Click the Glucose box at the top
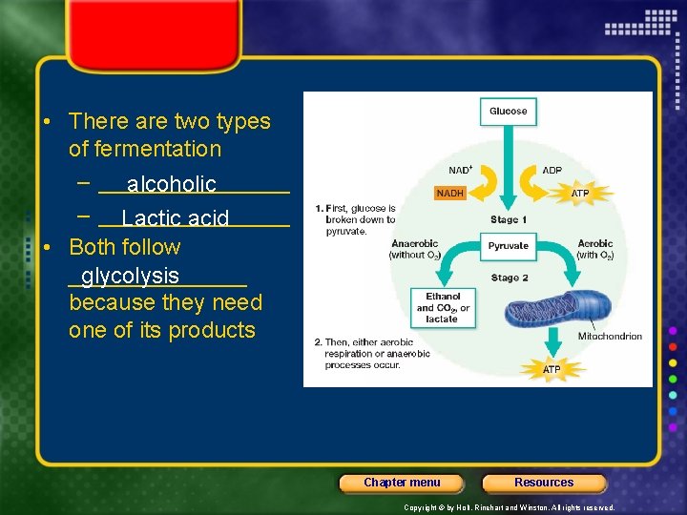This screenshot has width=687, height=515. (508, 112)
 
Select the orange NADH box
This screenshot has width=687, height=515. (450, 193)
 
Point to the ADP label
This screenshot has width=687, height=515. (552, 171)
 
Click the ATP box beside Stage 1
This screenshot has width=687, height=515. (580, 193)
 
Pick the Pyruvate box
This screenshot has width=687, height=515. (508, 246)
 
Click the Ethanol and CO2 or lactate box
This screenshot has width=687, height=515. (443, 308)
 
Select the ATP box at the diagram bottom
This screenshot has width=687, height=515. (552, 369)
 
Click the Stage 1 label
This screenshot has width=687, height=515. (509, 220)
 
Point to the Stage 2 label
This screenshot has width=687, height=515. (510, 278)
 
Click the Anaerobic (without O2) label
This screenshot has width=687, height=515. (415, 250)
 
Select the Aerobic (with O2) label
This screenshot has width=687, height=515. (595, 250)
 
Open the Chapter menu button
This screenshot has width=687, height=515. (402, 483)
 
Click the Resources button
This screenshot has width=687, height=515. (544, 483)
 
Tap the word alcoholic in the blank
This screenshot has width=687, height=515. (172, 184)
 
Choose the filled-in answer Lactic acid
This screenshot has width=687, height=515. (176, 218)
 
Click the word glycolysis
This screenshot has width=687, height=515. (130, 276)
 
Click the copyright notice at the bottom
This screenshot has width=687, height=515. (510, 508)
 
